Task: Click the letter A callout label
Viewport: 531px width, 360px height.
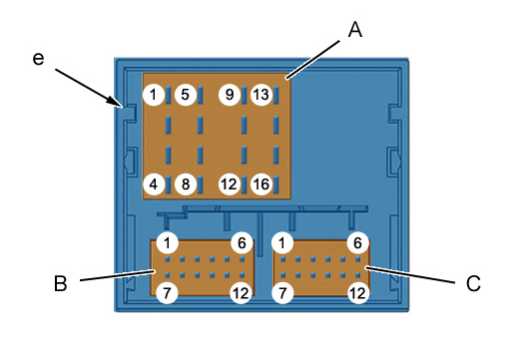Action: point(355,30)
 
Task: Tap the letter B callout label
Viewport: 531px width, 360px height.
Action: point(61,283)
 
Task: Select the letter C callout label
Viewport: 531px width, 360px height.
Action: point(473,283)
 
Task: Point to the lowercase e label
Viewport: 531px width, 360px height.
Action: point(38,59)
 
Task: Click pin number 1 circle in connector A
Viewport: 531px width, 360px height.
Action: point(154,95)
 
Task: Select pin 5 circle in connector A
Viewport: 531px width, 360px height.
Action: point(186,95)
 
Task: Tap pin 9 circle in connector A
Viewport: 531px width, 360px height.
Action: point(230,95)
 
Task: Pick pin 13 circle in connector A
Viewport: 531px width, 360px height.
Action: point(262,95)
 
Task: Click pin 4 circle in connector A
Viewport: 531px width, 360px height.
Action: point(154,184)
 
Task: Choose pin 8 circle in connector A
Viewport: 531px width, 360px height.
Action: point(186,184)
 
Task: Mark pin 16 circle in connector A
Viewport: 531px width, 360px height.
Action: point(262,184)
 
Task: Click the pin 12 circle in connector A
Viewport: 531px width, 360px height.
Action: point(230,184)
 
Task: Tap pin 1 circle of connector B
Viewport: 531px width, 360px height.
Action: point(167,242)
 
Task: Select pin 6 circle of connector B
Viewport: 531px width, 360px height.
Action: point(242,242)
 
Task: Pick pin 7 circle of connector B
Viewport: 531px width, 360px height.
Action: point(167,293)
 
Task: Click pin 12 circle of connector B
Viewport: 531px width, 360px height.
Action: point(242,293)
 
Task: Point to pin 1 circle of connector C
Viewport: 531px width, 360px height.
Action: point(282,242)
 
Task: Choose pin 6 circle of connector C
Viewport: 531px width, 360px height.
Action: point(357,242)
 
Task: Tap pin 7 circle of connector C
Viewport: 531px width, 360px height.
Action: point(282,293)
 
